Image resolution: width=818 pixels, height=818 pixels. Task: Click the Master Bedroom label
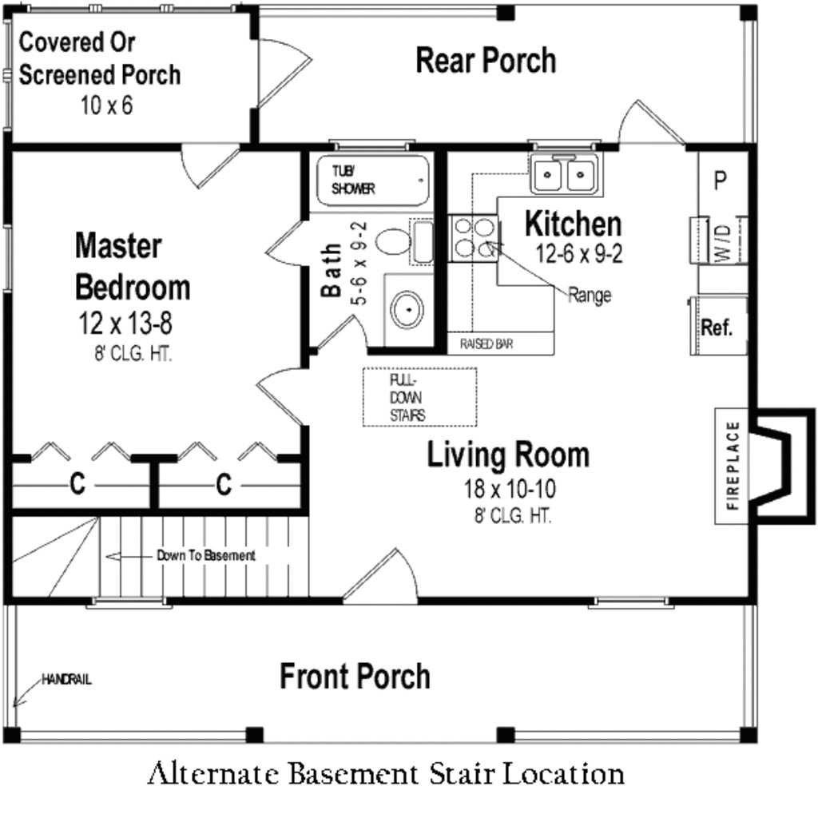(133, 266)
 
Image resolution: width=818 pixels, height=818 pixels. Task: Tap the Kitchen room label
(573, 224)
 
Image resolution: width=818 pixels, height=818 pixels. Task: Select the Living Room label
(508, 455)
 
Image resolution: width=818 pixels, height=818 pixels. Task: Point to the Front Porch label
(355, 677)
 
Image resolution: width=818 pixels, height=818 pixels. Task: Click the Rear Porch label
(486, 61)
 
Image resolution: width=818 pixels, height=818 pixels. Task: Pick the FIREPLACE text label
(733, 465)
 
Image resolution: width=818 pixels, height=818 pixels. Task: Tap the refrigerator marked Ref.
(717, 328)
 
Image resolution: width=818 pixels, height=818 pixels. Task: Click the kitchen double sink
(566, 174)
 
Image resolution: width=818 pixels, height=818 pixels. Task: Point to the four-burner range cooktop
(472, 239)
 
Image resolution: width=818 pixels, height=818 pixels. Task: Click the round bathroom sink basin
(407, 308)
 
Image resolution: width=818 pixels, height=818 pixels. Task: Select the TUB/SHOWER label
(353, 179)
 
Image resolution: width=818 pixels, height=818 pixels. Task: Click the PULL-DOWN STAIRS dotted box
(420, 397)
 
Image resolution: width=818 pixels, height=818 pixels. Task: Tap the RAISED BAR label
(486, 344)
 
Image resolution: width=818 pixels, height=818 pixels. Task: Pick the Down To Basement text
(206, 555)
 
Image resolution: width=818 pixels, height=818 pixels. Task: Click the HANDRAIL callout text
(67, 681)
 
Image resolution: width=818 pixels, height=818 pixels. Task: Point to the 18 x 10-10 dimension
(510, 488)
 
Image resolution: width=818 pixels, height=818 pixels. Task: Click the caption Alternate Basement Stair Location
(386, 774)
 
